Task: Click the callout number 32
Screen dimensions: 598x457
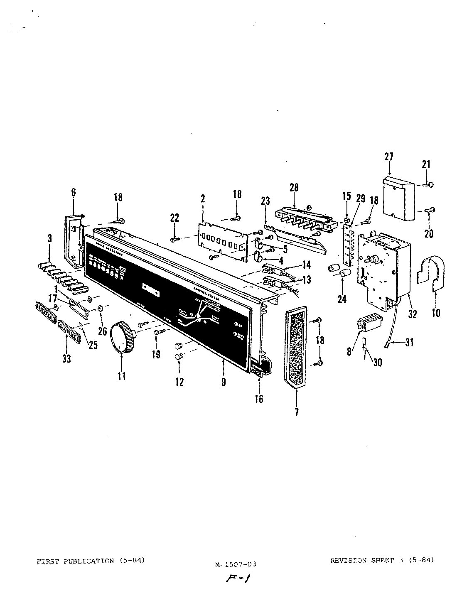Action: (412, 314)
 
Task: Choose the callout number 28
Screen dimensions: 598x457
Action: (294, 188)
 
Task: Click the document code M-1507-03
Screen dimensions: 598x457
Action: (236, 564)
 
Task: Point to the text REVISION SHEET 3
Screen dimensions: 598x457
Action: (362, 561)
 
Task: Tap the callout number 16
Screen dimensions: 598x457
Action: (259, 399)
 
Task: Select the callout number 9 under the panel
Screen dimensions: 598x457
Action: (224, 382)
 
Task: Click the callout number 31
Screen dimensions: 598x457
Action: (410, 343)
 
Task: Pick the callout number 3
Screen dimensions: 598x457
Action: (49, 238)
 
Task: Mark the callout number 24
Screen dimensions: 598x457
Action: (342, 299)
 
